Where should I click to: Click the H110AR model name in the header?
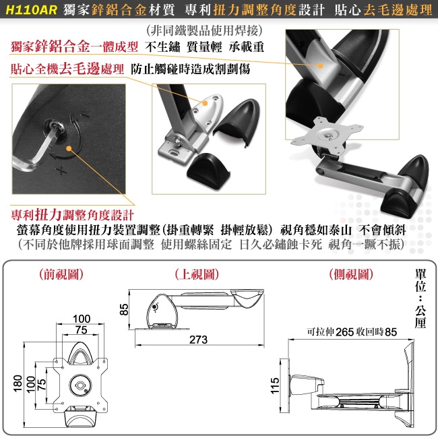pos(31,10)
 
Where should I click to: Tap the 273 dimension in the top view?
pos(198,340)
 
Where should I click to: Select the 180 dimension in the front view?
pos(18,383)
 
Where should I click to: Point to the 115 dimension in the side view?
pos(275,385)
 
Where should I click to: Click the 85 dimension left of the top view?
pos(124,309)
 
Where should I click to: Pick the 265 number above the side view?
pos(345,332)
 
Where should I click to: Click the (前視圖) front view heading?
pos(61,274)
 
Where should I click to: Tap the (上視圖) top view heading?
pos(197,274)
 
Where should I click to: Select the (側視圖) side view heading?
pos(351,274)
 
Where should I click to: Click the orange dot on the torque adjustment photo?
pos(69,149)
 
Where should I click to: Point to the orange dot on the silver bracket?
pos(206,103)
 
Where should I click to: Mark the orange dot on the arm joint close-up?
pos(321,65)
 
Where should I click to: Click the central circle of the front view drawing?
pos(80,385)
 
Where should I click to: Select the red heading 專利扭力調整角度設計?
pos(72,214)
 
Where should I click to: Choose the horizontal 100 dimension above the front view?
pos(82,319)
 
